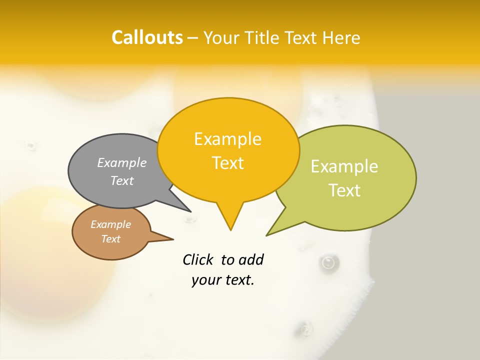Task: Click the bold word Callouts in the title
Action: pyautogui.click(x=147, y=37)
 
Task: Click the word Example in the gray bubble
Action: pyautogui.click(x=122, y=162)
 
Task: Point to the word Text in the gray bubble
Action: pyautogui.click(x=122, y=180)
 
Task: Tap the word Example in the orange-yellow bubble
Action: pyautogui.click(x=227, y=139)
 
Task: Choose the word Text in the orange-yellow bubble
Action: pyautogui.click(x=228, y=163)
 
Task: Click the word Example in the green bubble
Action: pyautogui.click(x=344, y=166)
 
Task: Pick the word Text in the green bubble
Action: pyautogui.click(x=345, y=190)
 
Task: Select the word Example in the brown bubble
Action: pyautogui.click(x=111, y=224)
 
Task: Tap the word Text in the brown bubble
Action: pyautogui.click(x=111, y=239)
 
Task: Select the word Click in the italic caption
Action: pyautogui.click(x=198, y=259)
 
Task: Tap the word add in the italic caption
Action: pyautogui.click(x=251, y=259)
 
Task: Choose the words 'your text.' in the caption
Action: pyautogui.click(x=223, y=280)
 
